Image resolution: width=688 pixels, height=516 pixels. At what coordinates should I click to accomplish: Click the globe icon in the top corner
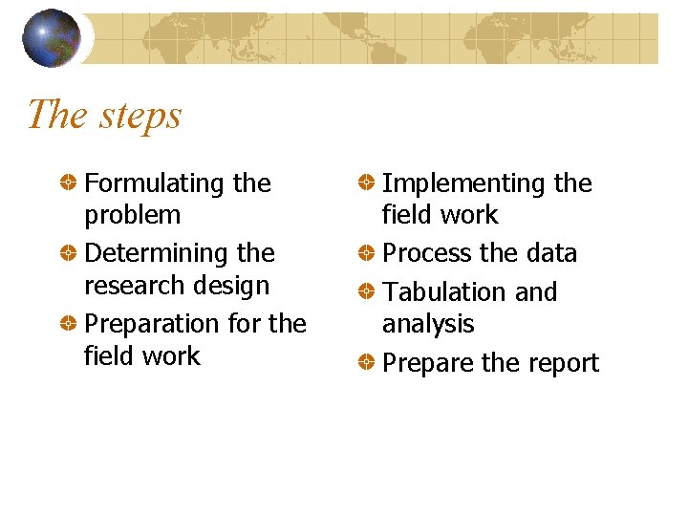coord(51,38)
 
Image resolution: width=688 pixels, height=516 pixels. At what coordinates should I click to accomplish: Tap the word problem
coord(132,216)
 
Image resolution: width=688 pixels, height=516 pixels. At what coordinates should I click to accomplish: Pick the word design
coord(235,286)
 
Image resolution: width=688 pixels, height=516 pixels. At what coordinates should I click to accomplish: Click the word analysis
coord(427,325)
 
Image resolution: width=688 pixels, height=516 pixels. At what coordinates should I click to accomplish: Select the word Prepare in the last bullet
coord(426,363)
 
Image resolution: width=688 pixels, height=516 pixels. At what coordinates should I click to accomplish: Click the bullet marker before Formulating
coord(68,183)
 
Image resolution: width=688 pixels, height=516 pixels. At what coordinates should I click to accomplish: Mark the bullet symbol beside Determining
coord(68,253)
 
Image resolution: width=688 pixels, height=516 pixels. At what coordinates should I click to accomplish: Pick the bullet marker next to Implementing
coord(365,183)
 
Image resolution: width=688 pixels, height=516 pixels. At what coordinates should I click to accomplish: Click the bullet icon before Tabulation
coord(365,291)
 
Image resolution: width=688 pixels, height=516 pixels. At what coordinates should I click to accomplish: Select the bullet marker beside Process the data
coord(365,253)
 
